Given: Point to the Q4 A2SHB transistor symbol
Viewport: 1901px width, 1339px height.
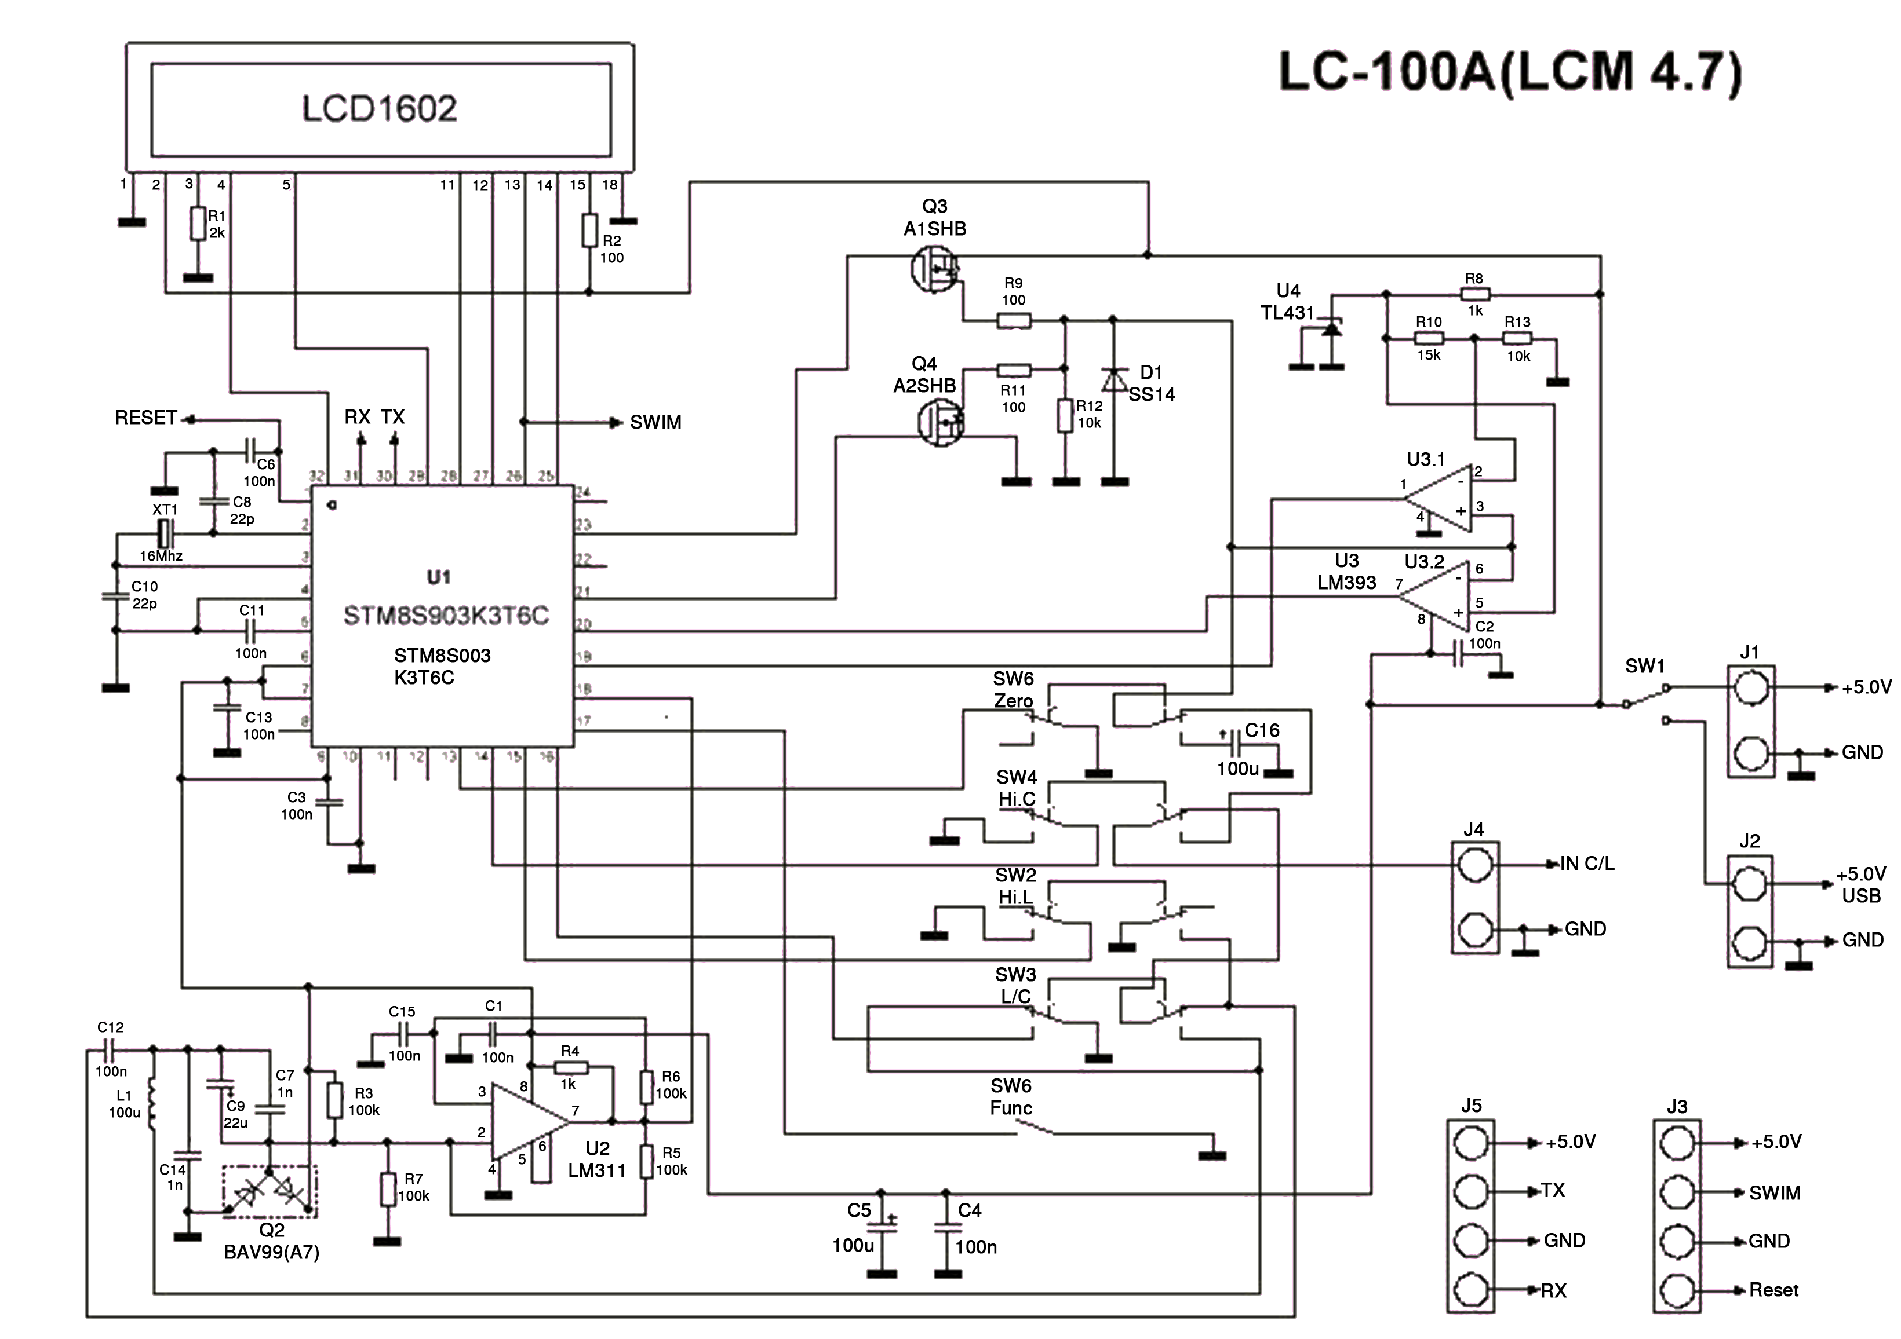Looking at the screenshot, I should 941,423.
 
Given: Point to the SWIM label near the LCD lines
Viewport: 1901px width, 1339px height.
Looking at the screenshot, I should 655,423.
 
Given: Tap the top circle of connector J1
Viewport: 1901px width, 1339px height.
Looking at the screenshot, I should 1750,687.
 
